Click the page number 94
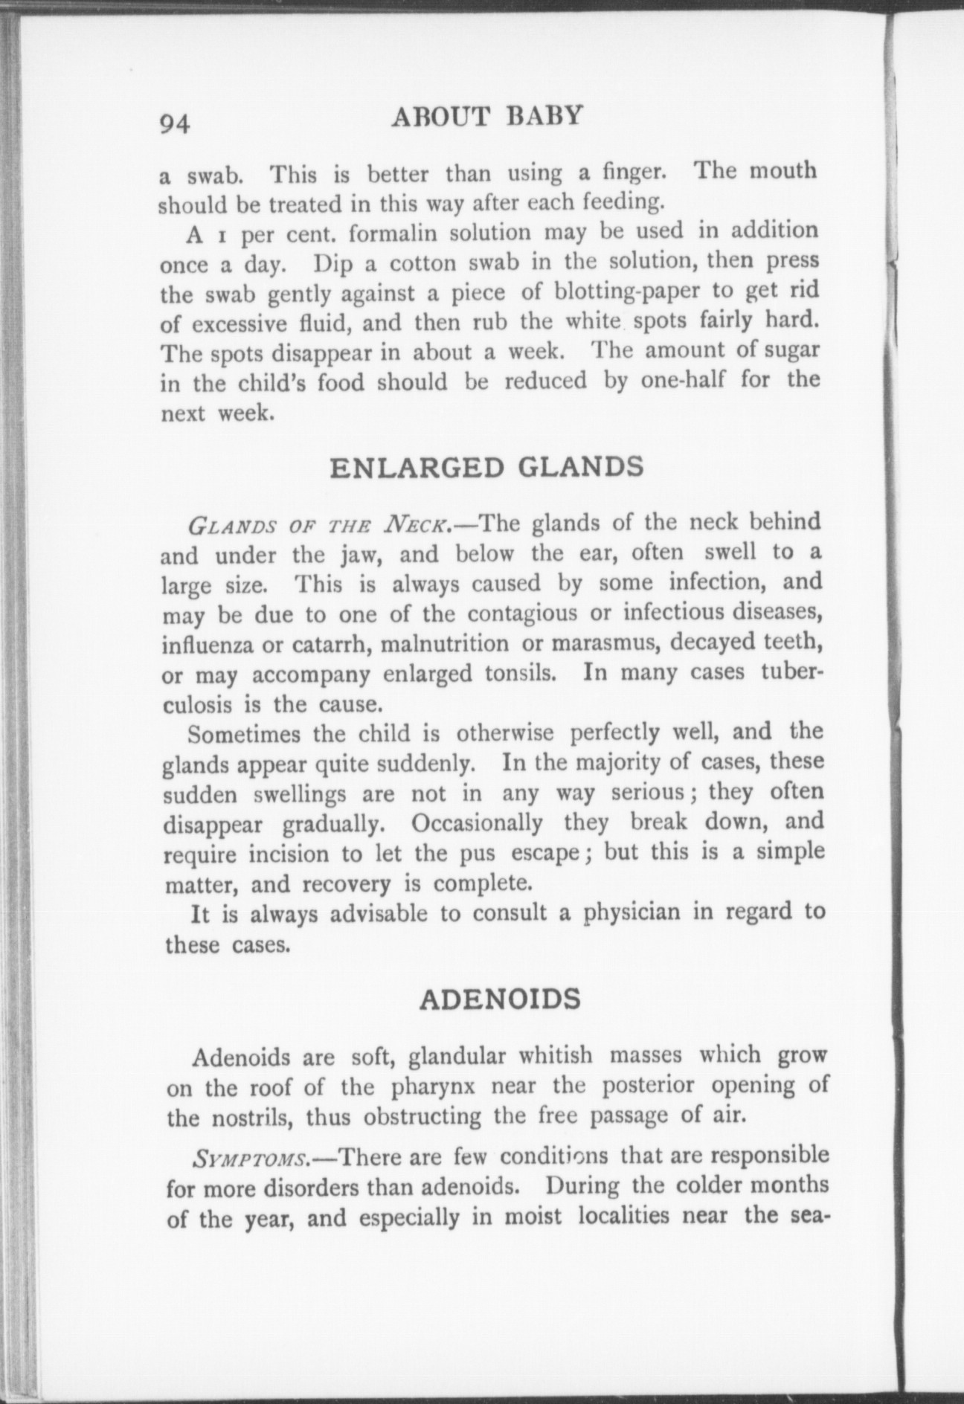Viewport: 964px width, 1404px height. (175, 122)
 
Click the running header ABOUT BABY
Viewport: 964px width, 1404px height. (486, 117)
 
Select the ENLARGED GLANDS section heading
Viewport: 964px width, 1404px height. (486, 467)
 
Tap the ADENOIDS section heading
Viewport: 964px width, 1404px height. (499, 999)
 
